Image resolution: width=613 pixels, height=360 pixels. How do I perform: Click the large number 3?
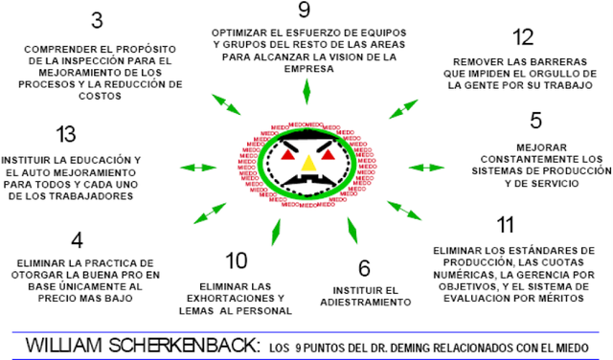point(96,21)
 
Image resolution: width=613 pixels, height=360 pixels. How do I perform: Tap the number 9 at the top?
point(304,11)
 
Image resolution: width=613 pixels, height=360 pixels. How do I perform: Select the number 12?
point(522,37)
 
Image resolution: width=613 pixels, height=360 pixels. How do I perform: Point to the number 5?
point(535,122)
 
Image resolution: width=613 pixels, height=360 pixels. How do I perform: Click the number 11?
point(506,226)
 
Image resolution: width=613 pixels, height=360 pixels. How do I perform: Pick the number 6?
point(364,268)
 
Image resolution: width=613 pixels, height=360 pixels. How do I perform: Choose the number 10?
point(236,260)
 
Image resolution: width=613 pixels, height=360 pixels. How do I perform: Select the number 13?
point(66,133)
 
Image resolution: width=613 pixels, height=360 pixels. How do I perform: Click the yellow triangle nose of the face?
point(307,164)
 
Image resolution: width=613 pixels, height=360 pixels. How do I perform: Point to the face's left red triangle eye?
point(288,151)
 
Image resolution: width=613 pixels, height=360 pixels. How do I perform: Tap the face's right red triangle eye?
point(328,151)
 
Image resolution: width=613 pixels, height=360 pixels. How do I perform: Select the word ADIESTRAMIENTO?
point(371,302)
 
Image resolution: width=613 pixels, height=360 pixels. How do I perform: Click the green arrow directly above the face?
point(306,90)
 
